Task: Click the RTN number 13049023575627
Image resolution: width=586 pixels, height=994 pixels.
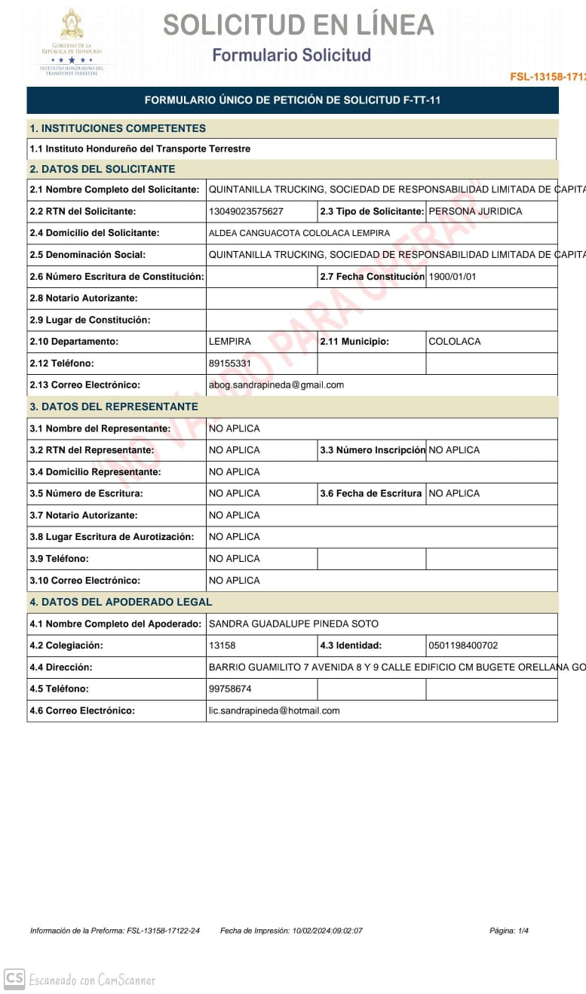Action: coord(246,212)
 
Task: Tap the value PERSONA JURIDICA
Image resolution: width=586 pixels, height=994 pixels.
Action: coord(475,212)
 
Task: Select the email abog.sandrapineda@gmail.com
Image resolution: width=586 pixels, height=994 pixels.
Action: coord(276,385)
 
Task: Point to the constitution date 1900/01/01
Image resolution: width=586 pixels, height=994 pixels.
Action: coord(453,277)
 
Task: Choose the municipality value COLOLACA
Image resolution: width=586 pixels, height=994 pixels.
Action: coord(455,342)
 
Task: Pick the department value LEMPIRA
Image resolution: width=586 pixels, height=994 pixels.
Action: coord(230,342)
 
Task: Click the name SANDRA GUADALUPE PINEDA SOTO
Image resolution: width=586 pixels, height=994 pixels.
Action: coord(293,624)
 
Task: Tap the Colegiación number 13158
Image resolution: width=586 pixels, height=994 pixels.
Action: coord(222,646)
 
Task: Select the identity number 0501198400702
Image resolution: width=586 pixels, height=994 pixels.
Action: coord(463,646)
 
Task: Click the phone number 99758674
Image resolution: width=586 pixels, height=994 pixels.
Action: coord(230,689)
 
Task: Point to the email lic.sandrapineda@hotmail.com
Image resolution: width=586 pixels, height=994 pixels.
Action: coord(275,711)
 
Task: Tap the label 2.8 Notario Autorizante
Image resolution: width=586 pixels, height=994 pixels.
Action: coord(84,299)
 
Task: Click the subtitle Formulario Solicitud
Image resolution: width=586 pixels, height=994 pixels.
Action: coord(292,56)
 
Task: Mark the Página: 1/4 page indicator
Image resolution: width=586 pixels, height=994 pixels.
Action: coord(509,931)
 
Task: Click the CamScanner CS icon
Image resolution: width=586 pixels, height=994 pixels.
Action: coord(14,980)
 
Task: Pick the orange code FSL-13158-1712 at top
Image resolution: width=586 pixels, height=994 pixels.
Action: coord(548,77)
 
